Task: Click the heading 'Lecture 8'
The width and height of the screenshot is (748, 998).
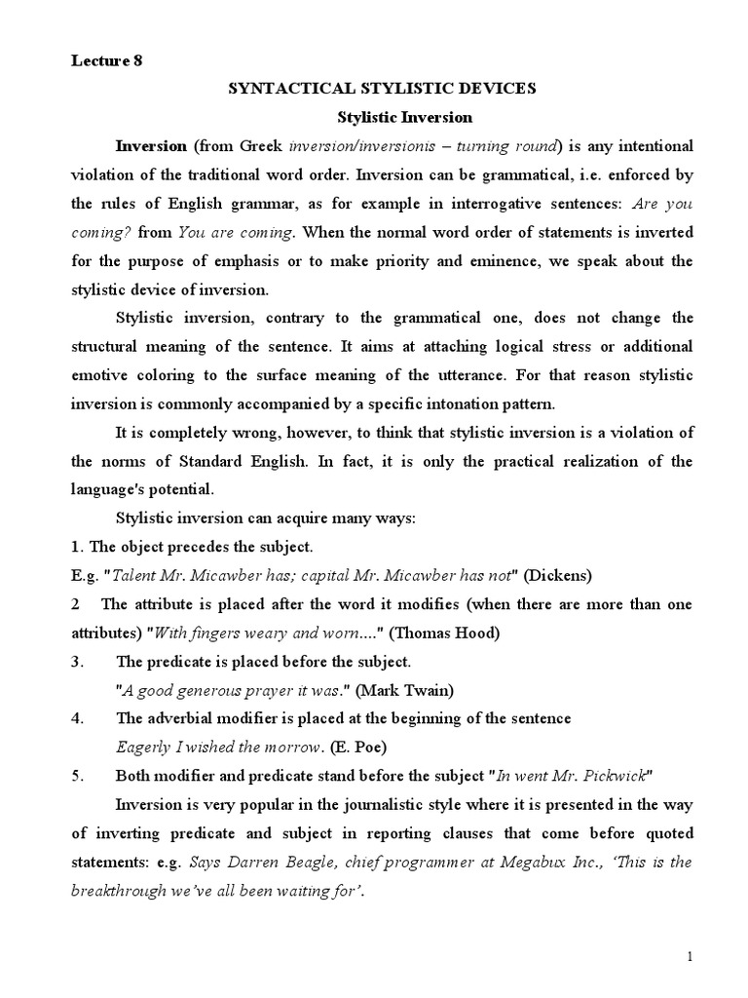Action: tap(106, 60)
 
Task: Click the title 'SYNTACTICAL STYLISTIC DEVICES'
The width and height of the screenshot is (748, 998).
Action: tap(382, 89)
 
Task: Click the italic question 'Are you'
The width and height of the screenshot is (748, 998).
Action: tap(664, 205)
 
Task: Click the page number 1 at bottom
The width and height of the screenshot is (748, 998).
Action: tap(691, 957)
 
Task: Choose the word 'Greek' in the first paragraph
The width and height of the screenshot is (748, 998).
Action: tap(259, 146)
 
